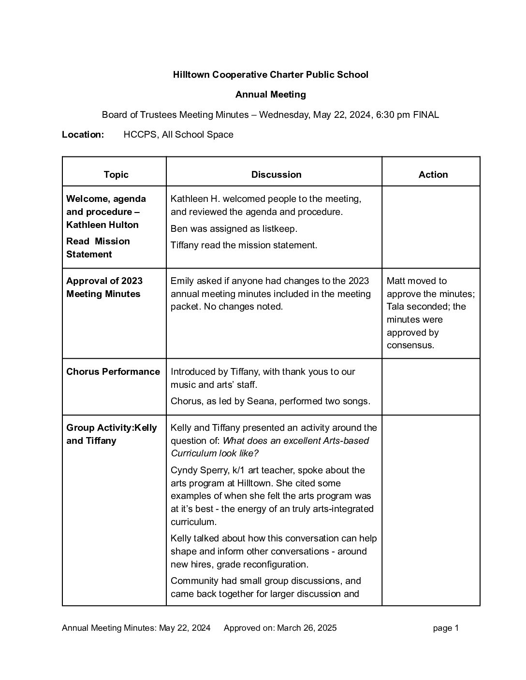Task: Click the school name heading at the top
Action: [x=270, y=74]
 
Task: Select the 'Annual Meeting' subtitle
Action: [x=270, y=95]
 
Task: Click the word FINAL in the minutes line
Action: [x=426, y=115]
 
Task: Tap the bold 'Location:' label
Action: [x=83, y=135]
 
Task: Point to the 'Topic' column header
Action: [x=116, y=174]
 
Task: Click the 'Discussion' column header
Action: [x=276, y=174]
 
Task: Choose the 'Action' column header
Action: [x=433, y=174]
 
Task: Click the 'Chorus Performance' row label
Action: [x=113, y=371]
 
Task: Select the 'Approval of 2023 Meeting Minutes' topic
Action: [x=104, y=287]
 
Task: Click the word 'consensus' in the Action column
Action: [x=410, y=345]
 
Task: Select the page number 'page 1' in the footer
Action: [x=446, y=628]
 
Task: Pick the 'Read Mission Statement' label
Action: [x=98, y=248]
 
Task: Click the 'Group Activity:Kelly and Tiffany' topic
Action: [x=112, y=434]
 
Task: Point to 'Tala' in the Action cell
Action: [x=395, y=307]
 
